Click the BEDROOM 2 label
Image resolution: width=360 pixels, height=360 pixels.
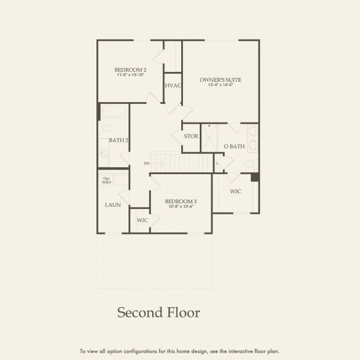pyautogui.click(x=130, y=70)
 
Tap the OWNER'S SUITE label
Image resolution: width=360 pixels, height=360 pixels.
pyautogui.click(x=220, y=80)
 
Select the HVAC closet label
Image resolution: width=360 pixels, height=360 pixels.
pyautogui.click(x=173, y=85)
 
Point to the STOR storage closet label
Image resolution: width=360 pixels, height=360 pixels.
pyautogui.click(x=191, y=136)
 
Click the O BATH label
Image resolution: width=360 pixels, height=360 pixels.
pyautogui.click(x=234, y=146)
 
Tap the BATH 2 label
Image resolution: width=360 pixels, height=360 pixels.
pyautogui.click(x=118, y=140)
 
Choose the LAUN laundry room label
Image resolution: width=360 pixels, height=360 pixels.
pyautogui.click(x=113, y=205)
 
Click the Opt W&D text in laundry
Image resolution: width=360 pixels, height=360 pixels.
pyautogui.click(x=107, y=179)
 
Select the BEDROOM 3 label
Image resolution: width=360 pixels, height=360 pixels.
pyautogui.click(x=181, y=201)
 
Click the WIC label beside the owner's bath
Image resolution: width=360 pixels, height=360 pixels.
pyautogui.click(x=236, y=191)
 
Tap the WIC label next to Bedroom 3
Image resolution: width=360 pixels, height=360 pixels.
pyautogui.click(x=142, y=220)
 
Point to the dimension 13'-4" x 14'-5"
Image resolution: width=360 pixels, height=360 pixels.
pyautogui.click(x=220, y=86)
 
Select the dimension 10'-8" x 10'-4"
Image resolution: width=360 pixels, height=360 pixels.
pyautogui.click(x=181, y=206)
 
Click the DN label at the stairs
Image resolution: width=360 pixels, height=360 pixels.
pyautogui.click(x=146, y=163)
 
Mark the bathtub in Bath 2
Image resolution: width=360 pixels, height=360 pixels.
pyautogui.click(x=114, y=111)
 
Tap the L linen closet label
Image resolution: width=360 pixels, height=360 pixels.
pyautogui.click(x=217, y=163)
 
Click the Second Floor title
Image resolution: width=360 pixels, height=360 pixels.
pyautogui.click(x=158, y=313)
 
